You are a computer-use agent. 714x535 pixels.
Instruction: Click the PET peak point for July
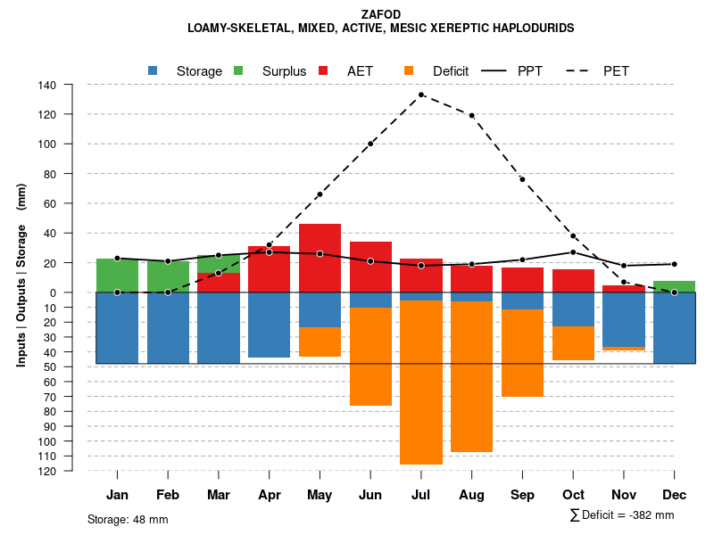click(x=421, y=95)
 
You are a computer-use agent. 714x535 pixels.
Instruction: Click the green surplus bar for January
click(x=117, y=276)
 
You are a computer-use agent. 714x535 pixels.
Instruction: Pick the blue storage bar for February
click(x=168, y=327)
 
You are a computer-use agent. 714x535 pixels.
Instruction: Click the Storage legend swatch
click(x=154, y=70)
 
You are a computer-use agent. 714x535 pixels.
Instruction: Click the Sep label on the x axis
click(x=523, y=495)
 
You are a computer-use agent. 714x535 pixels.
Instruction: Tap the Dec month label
click(x=675, y=495)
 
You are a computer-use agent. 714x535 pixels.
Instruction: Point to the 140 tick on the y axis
click(x=47, y=85)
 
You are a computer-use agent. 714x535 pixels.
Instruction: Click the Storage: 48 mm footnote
click(x=128, y=519)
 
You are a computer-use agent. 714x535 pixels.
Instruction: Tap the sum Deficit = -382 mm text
click(x=621, y=514)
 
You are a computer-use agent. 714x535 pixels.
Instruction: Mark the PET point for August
click(x=472, y=115)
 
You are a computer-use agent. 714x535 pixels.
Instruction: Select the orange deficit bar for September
click(x=523, y=353)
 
